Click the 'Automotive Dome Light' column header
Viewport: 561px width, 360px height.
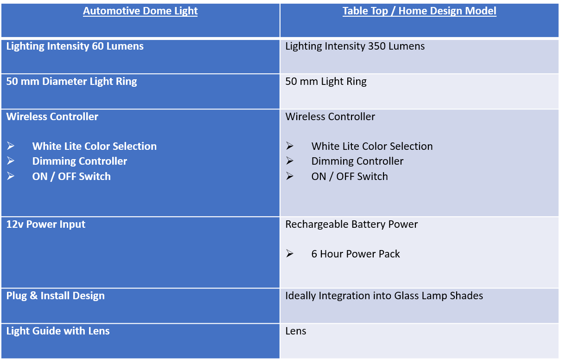coord(140,11)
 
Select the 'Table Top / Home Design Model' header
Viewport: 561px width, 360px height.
coord(419,11)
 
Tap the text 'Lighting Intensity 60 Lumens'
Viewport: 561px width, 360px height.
coord(75,46)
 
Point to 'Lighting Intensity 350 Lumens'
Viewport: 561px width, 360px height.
coord(355,46)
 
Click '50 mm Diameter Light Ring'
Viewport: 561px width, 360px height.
coord(71,82)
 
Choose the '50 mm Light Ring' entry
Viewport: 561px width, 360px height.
coord(326,82)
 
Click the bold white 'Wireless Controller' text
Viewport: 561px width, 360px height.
coord(52,117)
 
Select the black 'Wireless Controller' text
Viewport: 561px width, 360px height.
coord(330,117)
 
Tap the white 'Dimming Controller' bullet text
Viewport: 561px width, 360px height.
coord(79,161)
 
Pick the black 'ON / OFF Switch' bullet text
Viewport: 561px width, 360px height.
coord(350,177)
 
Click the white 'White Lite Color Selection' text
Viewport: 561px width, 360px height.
coord(95,146)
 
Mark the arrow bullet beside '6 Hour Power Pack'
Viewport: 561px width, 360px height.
coord(289,253)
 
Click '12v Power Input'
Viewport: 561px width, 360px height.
coord(45,225)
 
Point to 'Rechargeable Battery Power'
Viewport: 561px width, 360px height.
coord(351,225)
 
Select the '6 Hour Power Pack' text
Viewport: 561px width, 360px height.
coord(356,254)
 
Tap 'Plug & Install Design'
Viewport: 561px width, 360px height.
coord(55,296)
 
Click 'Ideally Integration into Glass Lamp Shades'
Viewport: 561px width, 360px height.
coord(384,296)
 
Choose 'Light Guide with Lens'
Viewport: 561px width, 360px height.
coord(58,331)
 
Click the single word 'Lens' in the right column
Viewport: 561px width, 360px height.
coord(295,331)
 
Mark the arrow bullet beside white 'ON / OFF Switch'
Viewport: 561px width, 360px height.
coord(11,176)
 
